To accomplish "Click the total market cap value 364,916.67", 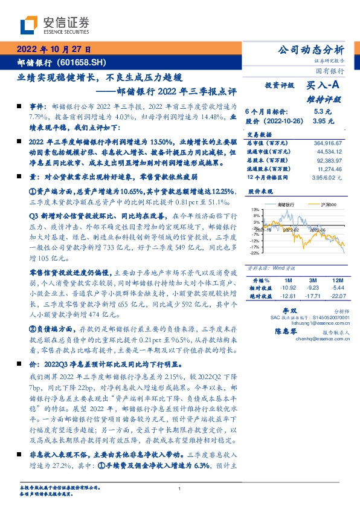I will tap(326, 143).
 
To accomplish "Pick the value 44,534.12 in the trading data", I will tap(329, 151).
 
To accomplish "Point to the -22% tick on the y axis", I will tap(255, 254).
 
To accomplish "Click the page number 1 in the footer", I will tap(179, 488).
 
